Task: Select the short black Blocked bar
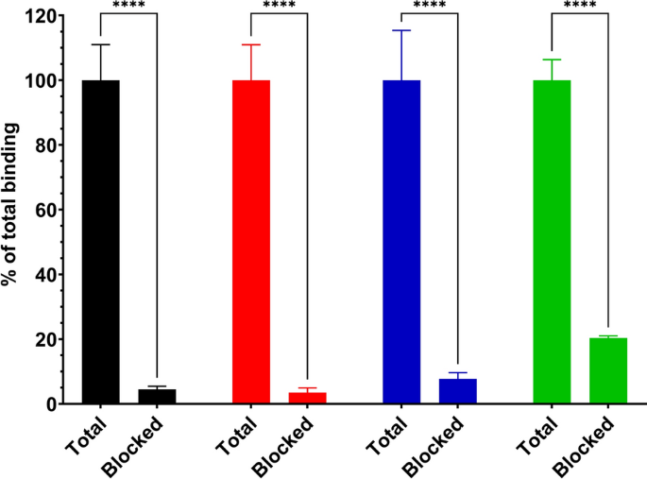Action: pos(157,397)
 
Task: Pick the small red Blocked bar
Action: pos(307,398)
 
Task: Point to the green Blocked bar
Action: pos(607,371)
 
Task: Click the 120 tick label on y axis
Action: pos(40,16)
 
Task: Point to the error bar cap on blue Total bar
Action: pos(400,30)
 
